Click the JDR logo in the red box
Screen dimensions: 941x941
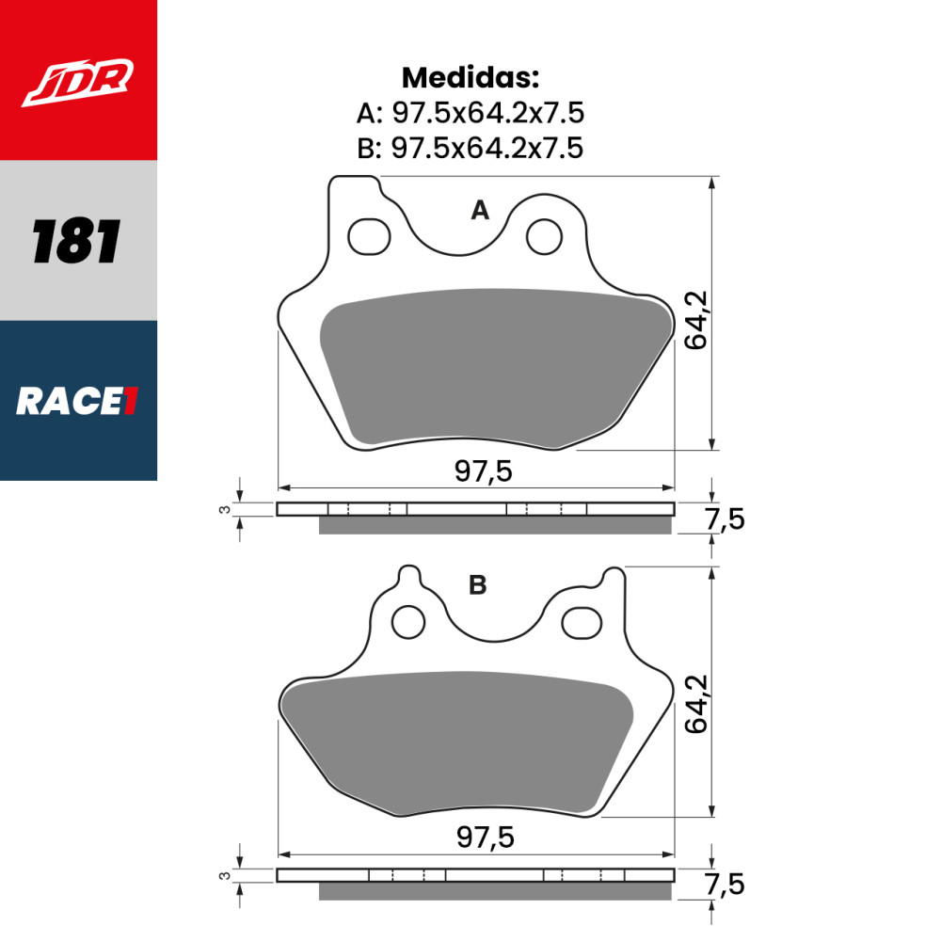pyautogui.click(x=78, y=83)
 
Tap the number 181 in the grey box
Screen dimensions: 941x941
pyautogui.click(x=77, y=241)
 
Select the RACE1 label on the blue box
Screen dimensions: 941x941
pyautogui.click(x=77, y=402)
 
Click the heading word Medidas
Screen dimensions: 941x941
pyautogui.click(x=470, y=76)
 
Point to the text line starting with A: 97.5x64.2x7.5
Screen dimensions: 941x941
pyautogui.click(x=470, y=113)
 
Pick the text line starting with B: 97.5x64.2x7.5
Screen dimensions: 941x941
pyautogui.click(x=470, y=148)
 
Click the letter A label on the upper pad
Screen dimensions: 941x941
pyautogui.click(x=480, y=211)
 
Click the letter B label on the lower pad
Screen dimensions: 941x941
pyautogui.click(x=478, y=585)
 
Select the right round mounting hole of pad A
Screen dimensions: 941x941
pyautogui.click(x=542, y=236)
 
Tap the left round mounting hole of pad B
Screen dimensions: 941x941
pyautogui.click(x=408, y=621)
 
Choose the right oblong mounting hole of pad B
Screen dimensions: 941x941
pyautogui.click(x=582, y=621)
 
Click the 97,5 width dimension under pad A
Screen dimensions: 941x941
pyautogui.click(x=483, y=471)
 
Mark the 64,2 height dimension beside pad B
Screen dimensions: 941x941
pyautogui.click(x=696, y=703)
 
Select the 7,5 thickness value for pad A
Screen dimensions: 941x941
pyautogui.click(x=725, y=518)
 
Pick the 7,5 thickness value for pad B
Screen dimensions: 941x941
pyautogui.click(x=725, y=885)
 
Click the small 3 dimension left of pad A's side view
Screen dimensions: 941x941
pyautogui.click(x=224, y=509)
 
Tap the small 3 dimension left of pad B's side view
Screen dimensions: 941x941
pyautogui.click(x=224, y=875)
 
